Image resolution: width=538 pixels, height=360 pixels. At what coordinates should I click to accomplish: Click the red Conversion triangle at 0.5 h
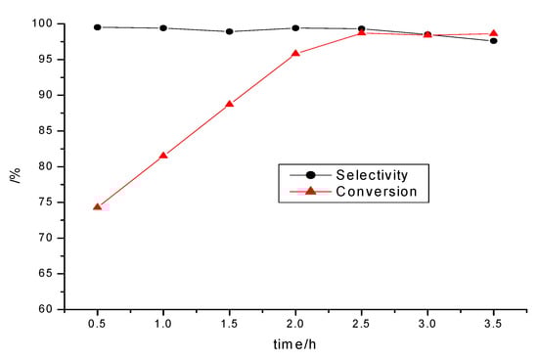coord(98,206)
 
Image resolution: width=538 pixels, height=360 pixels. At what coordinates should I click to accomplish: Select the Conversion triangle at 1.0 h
coord(163,155)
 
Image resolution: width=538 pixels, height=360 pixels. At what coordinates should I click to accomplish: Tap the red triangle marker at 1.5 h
coord(229,104)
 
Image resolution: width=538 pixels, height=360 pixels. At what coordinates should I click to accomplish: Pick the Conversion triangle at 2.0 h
coord(295,53)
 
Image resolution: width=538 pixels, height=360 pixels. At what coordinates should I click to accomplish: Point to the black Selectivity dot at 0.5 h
coord(98,27)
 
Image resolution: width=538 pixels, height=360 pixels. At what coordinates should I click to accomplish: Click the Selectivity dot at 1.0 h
coord(163,28)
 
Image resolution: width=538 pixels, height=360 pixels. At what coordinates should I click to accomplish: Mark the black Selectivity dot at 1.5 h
coord(229,31)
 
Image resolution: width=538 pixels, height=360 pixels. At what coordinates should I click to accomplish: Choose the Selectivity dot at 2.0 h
coord(295,28)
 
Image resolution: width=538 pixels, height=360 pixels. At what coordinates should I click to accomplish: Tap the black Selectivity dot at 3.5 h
coord(493,40)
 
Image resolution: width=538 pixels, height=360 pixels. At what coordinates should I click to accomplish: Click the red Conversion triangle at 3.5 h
coord(493,33)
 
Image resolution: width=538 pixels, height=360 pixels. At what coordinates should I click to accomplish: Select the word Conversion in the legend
coord(376,192)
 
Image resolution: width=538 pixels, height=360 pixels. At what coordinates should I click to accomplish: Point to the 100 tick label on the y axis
coord(43,23)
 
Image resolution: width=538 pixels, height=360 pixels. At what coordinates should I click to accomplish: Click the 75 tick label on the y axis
coord(47,202)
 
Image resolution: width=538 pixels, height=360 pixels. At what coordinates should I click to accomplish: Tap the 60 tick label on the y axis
coord(47,309)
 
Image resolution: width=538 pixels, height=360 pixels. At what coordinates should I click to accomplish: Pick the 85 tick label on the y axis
coord(47,130)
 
